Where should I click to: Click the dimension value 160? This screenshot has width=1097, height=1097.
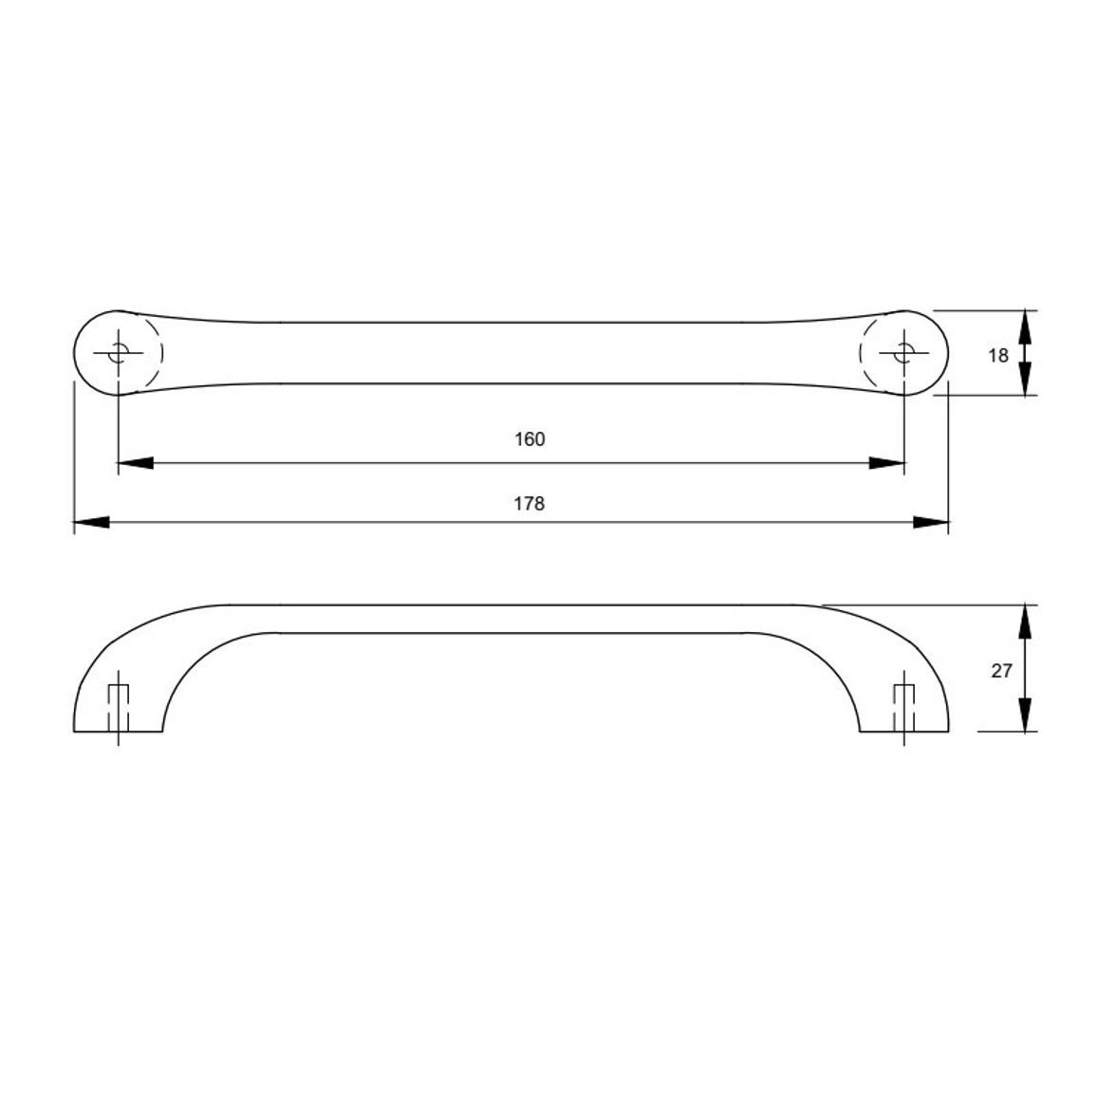530,439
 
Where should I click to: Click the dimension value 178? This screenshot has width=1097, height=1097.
530,504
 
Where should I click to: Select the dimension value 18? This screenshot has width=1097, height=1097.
998,356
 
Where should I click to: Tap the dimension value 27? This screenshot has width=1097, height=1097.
1001,670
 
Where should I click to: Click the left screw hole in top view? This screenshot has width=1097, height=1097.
119,353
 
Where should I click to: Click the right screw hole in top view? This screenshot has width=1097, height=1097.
904,353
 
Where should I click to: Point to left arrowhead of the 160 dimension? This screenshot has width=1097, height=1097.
135,463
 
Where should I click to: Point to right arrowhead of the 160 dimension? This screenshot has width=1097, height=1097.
886,463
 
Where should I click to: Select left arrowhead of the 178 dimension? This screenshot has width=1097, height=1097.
92,522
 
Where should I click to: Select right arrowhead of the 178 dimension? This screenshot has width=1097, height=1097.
931,522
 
